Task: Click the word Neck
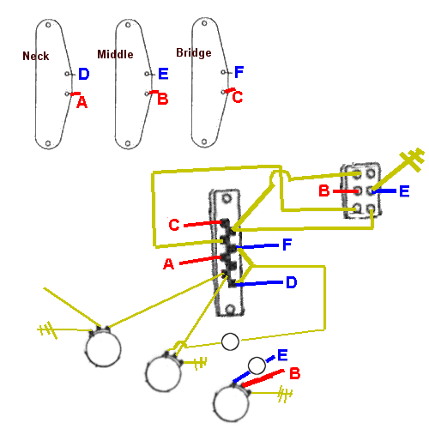[x=36, y=56]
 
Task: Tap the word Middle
[x=115, y=54]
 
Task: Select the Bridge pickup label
[x=194, y=52]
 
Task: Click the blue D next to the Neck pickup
[x=84, y=74]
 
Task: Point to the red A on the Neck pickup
[x=82, y=102]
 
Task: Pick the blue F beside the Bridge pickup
[x=239, y=72]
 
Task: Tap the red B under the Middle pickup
[x=163, y=100]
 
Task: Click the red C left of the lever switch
[x=174, y=225]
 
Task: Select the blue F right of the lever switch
[x=287, y=245]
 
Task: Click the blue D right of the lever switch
[x=292, y=282]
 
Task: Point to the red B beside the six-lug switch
[x=324, y=190]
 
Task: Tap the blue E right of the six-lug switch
[x=404, y=191]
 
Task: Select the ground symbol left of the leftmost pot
[x=47, y=330]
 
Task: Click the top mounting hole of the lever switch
[x=227, y=198]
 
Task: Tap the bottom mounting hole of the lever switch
[x=230, y=309]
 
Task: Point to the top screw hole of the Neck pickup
[x=48, y=25]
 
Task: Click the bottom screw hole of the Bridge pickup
[x=204, y=142]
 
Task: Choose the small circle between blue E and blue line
[x=257, y=366]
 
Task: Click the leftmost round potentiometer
[x=103, y=349]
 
